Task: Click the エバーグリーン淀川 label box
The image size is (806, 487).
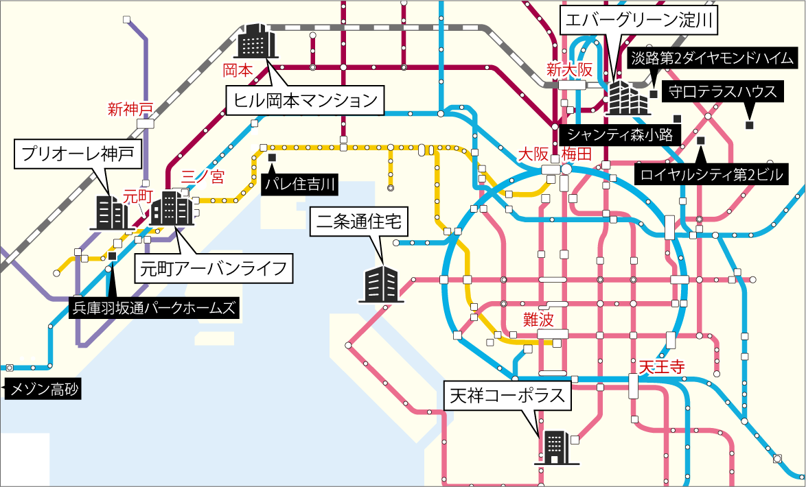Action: coord(639,21)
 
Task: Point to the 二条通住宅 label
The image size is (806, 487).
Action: coord(360,222)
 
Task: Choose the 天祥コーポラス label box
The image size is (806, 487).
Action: coord(508,395)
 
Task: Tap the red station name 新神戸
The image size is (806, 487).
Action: coord(129,108)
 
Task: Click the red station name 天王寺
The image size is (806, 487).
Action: coord(661,366)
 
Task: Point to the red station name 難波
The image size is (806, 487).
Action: coord(538,318)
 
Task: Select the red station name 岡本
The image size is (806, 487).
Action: coord(238,70)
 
